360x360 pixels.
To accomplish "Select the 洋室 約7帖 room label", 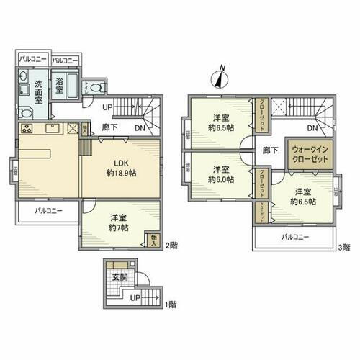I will pyautogui.click(x=118, y=223).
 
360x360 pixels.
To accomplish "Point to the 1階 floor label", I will pyautogui.click(x=171, y=305).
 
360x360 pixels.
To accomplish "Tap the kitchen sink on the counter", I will pyautogui.click(x=53, y=130).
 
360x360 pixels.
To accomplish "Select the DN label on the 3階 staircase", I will pyautogui.click(x=312, y=128).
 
